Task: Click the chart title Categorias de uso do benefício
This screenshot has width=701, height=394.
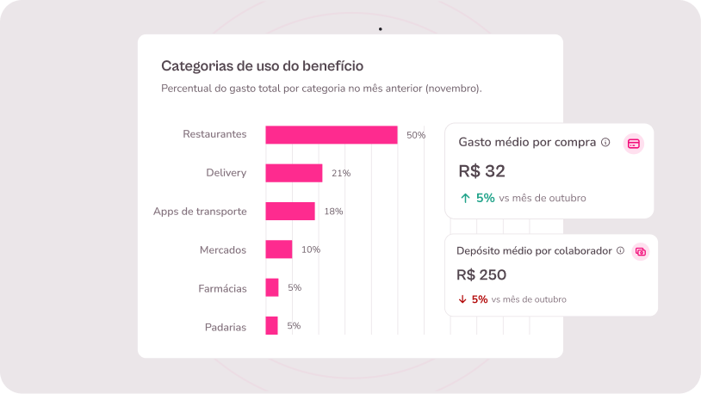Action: pyautogui.click(x=262, y=65)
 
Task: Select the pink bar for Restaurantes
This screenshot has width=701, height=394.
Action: pyautogui.click(x=331, y=135)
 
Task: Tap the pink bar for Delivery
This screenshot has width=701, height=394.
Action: pyautogui.click(x=294, y=173)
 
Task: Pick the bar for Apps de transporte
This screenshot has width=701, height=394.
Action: pyautogui.click(x=289, y=212)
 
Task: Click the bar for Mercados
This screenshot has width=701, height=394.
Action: pyautogui.click(x=278, y=249)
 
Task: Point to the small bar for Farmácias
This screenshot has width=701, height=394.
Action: pyautogui.click(x=271, y=288)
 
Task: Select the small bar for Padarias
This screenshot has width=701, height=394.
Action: pyautogui.click(x=271, y=326)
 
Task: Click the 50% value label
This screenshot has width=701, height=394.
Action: pyautogui.click(x=416, y=135)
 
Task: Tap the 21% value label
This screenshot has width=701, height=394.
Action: pyautogui.click(x=340, y=173)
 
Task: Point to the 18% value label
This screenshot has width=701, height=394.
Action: pyautogui.click(x=333, y=212)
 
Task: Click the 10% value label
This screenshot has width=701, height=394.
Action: pyautogui.click(x=310, y=249)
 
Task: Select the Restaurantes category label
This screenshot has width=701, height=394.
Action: pyautogui.click(x=214, y=134)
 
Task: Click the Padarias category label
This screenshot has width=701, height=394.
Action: pyautogui.click(x=226, y=327)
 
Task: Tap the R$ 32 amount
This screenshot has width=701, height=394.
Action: pyautogui.click(x=482, y=171)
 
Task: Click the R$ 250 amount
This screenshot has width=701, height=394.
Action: pyautogui.click(x=481, y=275)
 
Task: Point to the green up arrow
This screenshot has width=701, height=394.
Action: pyautogui.click(x=465, y=198)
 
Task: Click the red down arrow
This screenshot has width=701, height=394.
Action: pyautogui.click(x=462, y=299)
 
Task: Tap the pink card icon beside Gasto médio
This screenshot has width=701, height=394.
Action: pyautogui.click(x=634, y=144)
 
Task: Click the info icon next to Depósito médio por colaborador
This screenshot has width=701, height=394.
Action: pyautogui.click(x=620, y=250)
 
